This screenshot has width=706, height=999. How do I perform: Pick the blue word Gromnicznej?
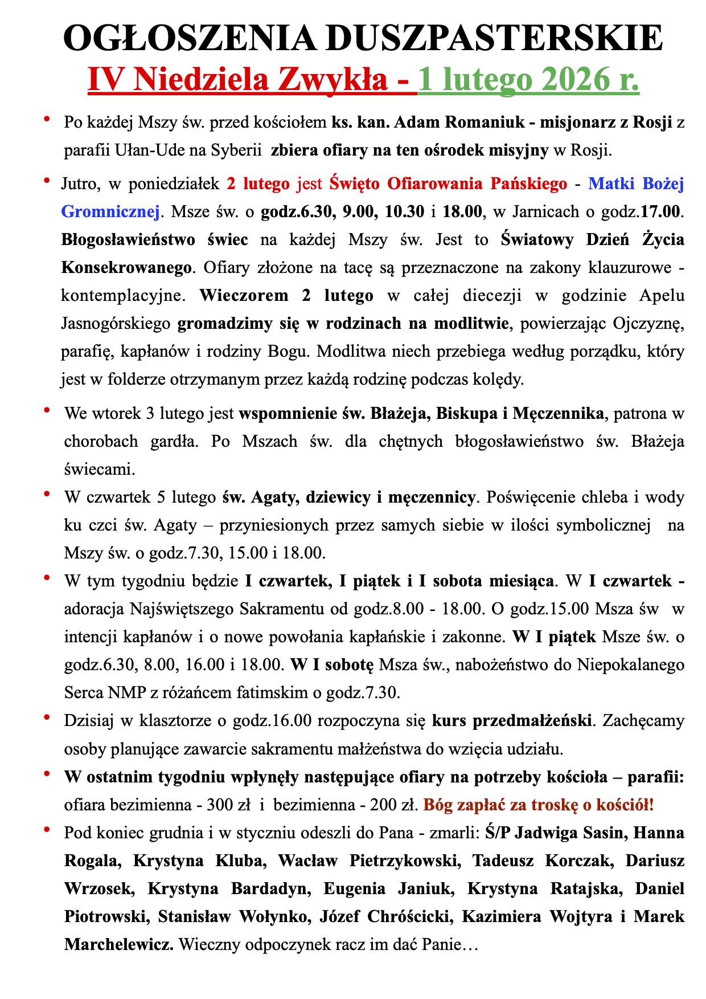[x=110, y=211]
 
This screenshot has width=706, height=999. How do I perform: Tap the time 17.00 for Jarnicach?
[x=660, y=211]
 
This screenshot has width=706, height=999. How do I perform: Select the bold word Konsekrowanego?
[x=126, y=267]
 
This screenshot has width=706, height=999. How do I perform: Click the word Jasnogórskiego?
[x=116, y=323]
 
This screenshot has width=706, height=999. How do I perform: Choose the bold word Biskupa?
[x=467, y=413]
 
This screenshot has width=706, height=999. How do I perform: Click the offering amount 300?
[x=220, y=805]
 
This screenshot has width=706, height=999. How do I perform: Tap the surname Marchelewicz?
[x=119, y=944]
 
